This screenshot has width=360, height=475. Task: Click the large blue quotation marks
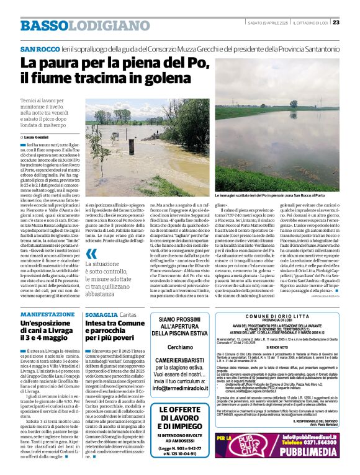(x=92, y=254)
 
